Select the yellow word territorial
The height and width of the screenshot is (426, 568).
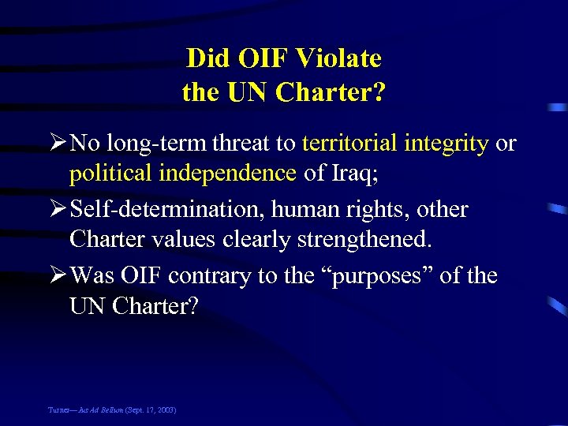tap(350, 143)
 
